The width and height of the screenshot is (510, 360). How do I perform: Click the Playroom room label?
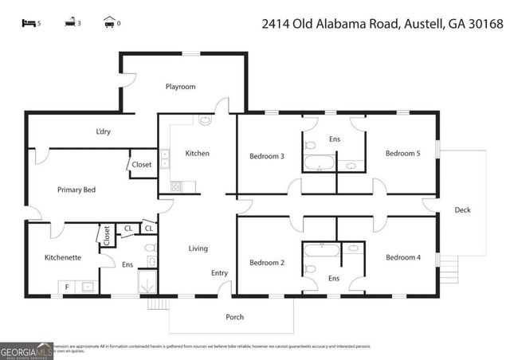point(180,87)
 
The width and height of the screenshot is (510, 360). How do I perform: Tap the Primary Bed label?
point(76,190)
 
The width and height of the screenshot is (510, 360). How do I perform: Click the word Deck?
point(462,210)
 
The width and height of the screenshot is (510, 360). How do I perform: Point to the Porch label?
point(234,317)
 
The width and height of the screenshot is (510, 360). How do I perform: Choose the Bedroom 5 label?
point(402,154)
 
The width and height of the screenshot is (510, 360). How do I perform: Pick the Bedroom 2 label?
point(267,263)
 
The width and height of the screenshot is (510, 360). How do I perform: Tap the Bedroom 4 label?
point(402,257)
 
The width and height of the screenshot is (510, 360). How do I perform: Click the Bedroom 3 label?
point(267,156)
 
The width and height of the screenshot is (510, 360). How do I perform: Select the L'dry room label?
point(103,131)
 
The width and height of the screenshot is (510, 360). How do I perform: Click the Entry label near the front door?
point(219,273)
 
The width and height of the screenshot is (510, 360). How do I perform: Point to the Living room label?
point(198,248)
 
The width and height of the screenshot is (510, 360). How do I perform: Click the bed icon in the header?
point(29,23)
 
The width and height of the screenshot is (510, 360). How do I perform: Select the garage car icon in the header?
point(108,23)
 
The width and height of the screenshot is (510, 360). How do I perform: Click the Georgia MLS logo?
point(25,350)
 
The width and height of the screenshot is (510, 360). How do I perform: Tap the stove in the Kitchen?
point(175,187)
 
